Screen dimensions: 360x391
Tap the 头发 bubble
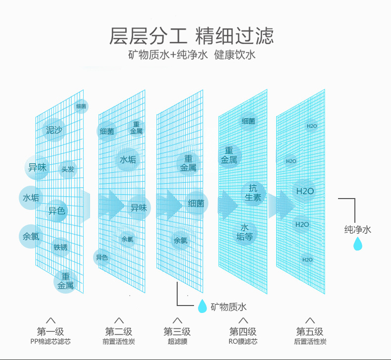click(68, 169)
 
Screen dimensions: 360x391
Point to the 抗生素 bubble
click(253, 192)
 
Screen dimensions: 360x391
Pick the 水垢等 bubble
click(244, 232)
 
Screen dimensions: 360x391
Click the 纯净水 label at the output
click(357, 229)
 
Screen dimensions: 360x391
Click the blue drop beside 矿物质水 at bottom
click(202, 306)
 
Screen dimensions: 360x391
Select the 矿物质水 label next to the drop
click(228, 307)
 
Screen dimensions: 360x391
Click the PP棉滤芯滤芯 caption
click(50, 342)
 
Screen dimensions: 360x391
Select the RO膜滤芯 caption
click(243, 342)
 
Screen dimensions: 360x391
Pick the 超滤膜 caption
click(177, 342)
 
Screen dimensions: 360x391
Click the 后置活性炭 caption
click(310, 342)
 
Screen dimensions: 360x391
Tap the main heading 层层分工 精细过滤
click(191, 36)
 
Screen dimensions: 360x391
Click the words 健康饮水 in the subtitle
click(235, 54)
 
